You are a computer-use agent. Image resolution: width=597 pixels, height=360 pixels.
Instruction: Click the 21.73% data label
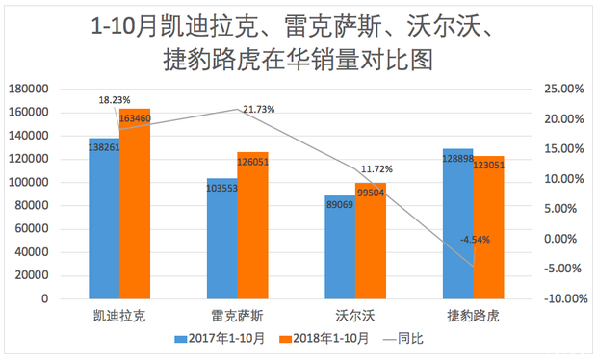[x=258, y=110]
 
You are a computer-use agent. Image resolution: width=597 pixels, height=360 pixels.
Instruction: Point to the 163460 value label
[x=135, y=118]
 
